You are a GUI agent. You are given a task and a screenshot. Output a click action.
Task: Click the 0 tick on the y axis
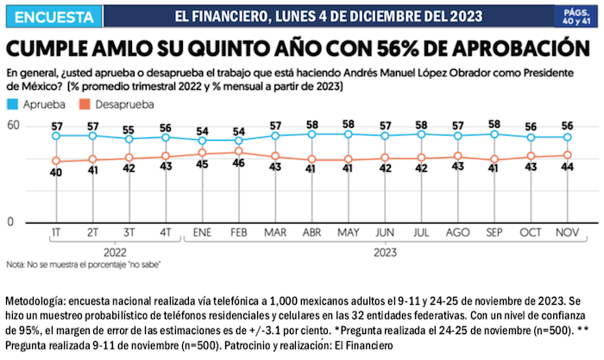pyautogui.click(x=11, y=222)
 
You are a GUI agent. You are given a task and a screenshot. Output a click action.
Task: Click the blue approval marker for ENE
pyautogui.click(x=203, y=141)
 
